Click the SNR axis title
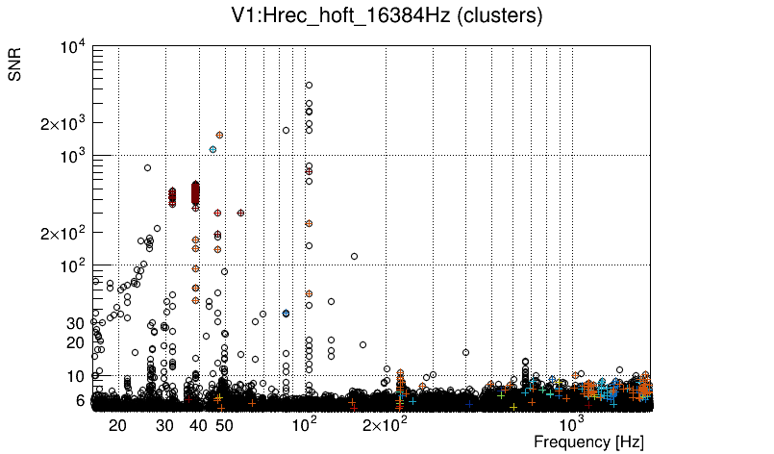click(x=16, y=65)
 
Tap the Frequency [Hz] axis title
click(x=588, y=441)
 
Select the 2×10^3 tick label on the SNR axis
click(x=63, y=124)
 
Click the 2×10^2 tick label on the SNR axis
click(x=63, y=234)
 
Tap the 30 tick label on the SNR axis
click(x=75, y=323)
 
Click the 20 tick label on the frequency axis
click(x=117, y=424)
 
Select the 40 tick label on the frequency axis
click(x=198, y=424)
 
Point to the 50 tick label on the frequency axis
click(x=224, y=424)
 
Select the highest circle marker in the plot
click(x=309, y=85)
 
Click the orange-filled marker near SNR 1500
click(x=220, y=136)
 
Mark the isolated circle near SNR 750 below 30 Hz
click(x=148, y=168)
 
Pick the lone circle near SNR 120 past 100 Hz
click(x=355, y=257)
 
